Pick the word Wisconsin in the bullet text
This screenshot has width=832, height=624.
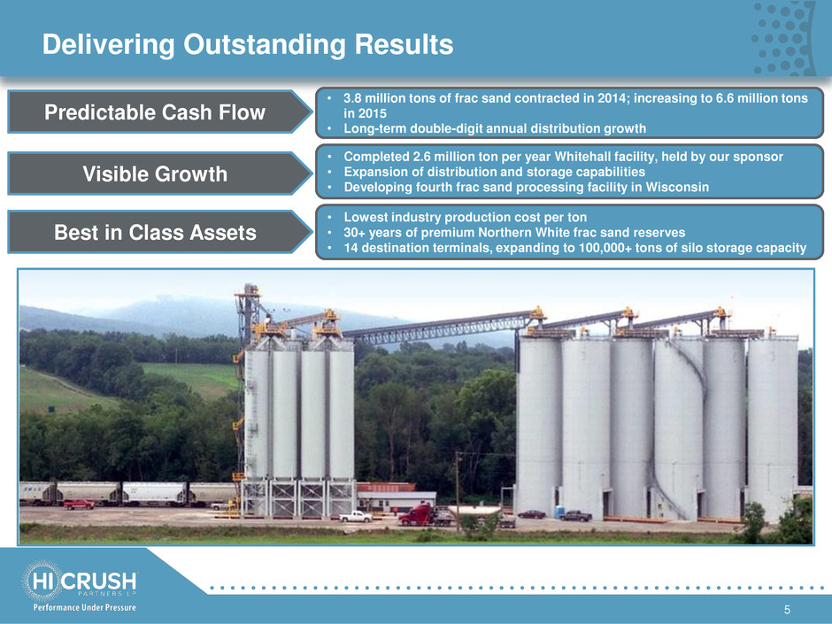[677, 187]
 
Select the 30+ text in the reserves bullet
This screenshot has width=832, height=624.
[354, 233]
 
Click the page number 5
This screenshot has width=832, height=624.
[787, 610]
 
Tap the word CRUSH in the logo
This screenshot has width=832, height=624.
[99, 581]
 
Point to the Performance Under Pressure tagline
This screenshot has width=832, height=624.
[84, 607]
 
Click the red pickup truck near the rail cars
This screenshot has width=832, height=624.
[79, 504]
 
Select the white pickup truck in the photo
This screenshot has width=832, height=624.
[356, 516]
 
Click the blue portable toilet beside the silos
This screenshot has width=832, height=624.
[559, 512]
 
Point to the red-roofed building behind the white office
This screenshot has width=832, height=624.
[386, 487]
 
